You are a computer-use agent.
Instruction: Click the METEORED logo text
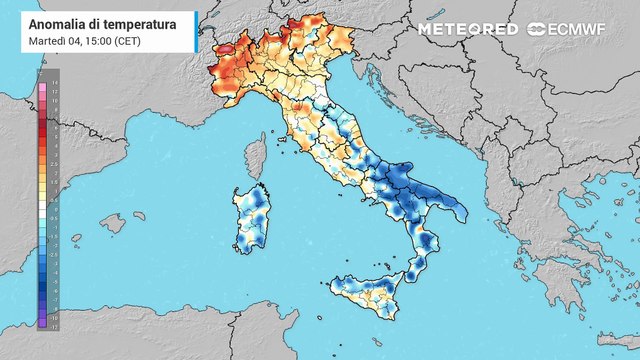[x=467, y=29]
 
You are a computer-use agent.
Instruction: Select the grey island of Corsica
[x=256, y=161]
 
